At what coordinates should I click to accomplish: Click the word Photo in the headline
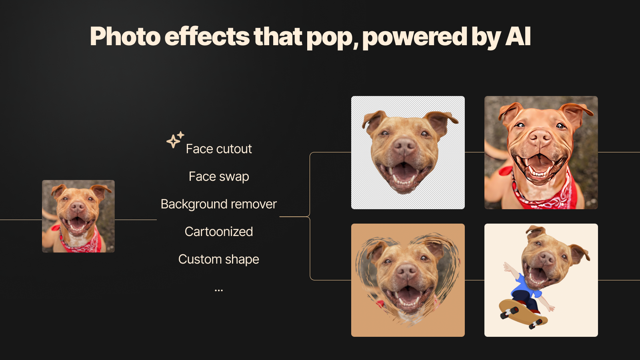click(x=125, y=36)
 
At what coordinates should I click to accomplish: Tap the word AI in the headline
click(x=518, y=36)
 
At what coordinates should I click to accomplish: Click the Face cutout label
click(x=219, y=149)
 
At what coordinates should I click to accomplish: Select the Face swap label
click(x=219, y=176)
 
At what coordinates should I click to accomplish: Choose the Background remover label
click(x=219, y=204)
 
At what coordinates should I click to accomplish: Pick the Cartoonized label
click(x=219, y=232)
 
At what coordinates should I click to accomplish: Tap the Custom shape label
click(x=219, y=260)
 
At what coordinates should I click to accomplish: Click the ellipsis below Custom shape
click(x=218, y=290)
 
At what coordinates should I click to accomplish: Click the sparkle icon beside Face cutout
click(x=175, y=140)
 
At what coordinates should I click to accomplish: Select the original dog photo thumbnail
click(x=78, y=216)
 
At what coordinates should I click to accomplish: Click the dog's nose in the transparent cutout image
click(x=404, y=146)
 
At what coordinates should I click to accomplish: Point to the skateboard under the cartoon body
click(x=523, y=314)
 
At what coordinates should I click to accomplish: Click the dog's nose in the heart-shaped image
click(x=406, y=272)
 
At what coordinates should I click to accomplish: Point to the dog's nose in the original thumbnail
click(x=78, y=206)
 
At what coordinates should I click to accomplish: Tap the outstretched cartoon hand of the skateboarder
click(x=507, y=267)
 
